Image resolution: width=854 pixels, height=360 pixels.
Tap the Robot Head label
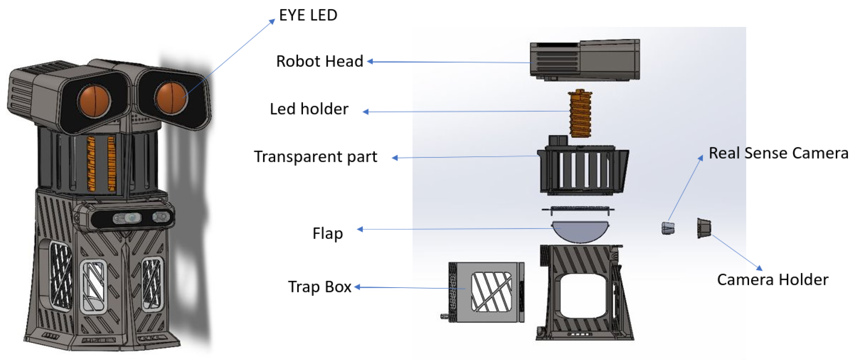[x=319, y=61]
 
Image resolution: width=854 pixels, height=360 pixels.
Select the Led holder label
[x=309, y=109]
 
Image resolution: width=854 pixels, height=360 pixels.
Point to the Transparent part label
[x=315, y=157]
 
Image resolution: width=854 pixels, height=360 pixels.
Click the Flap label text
[x=327, y=233]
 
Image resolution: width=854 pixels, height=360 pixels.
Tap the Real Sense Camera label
[x=778, y=153]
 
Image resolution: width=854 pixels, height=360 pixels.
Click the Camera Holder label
[x=772, y=280]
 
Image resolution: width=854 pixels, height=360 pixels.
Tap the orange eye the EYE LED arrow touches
[x=171, y=98]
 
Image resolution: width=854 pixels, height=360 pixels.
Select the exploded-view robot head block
[x=585, y=60]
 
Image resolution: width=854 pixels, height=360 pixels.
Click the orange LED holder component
[x=580, y=113]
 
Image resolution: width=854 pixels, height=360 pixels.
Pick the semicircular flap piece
[x=580, y=231]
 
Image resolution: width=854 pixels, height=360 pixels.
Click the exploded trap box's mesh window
[x=491, y=292]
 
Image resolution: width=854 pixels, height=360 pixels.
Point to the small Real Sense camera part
[x=668, y=228]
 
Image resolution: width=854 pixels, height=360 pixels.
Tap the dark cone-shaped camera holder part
[x=704, y=228]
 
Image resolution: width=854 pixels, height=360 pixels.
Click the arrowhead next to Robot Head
[x=370, y=61]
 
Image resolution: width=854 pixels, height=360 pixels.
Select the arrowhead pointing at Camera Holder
[x=759, y=268]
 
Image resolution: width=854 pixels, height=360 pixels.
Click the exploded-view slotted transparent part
[x=583, y=170]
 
